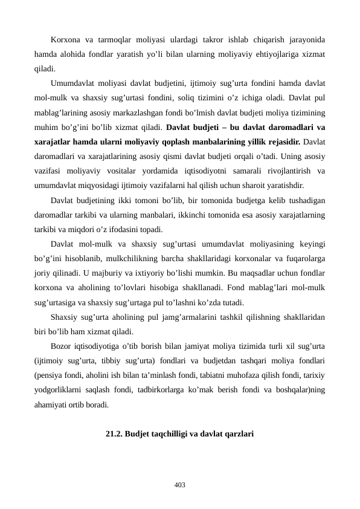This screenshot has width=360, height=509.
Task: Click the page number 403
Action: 180,485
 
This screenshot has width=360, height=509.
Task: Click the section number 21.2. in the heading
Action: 114,433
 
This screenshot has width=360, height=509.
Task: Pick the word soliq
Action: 219,98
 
